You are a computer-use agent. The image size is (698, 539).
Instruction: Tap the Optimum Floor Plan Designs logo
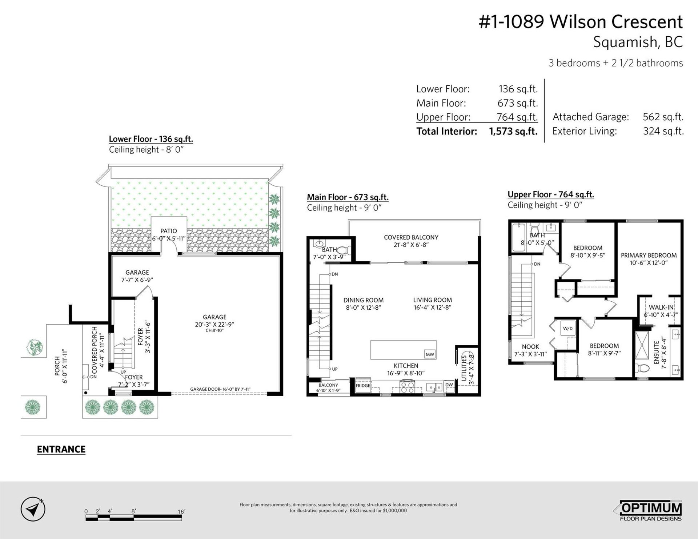coord(650,511)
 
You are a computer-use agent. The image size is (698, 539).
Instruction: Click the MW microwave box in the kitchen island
coord(429,354)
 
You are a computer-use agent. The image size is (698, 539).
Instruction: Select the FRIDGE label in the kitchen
coord(363,386)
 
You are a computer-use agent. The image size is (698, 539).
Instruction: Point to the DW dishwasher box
coord(449,385)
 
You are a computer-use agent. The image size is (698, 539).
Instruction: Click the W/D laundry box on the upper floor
coord(567,329)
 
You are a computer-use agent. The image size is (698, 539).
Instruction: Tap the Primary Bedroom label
coord(649,256)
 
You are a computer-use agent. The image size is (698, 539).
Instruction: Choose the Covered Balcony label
coord(411,237)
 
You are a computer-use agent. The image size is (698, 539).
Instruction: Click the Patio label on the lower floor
coord(169,231)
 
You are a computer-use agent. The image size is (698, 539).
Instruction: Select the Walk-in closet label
coord(661,307)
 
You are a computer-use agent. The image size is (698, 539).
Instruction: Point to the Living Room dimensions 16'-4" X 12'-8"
coord(432,307)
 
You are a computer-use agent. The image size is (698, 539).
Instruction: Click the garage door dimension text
coord(220,389)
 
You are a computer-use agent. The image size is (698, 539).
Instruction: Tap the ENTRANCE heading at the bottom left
coord(61,449)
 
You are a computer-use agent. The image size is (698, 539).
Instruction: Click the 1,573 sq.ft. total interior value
coord(513,131)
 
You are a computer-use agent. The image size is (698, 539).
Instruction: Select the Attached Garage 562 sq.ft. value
coord(663,117)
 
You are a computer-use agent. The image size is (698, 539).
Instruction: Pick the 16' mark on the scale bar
coord(181,512)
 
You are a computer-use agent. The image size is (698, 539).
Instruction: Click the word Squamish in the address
coord(625,42)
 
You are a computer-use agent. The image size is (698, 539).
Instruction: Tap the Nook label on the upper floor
coord(530,347)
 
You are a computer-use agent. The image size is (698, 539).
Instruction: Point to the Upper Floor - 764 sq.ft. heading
coord(551,195)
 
